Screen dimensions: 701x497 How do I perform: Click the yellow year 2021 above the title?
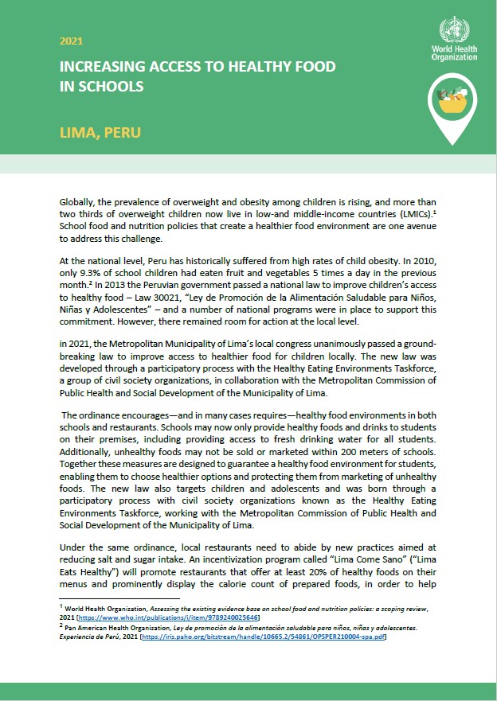[x=71, y=41]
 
